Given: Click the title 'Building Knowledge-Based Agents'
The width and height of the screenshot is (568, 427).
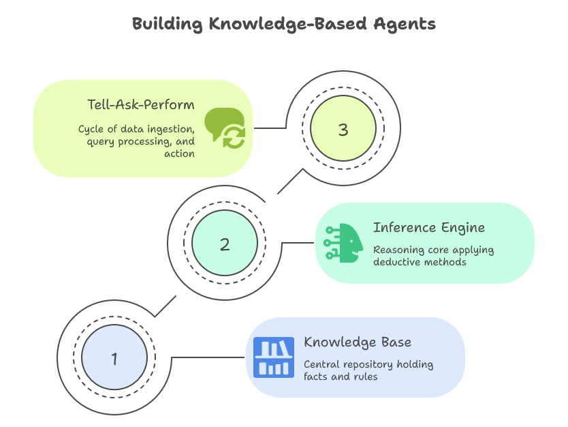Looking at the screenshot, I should point(283,24).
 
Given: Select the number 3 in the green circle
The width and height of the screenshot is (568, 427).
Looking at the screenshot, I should point(343,130).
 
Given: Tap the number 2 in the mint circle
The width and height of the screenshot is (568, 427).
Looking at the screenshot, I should point(225,244).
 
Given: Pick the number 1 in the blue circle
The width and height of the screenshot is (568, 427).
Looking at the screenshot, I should point(114,358).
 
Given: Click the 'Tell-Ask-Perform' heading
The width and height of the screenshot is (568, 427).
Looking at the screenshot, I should point(141,105).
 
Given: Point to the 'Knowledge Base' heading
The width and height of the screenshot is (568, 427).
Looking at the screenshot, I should point(358,342).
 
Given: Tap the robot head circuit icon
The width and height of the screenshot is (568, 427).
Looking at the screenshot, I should point(344,242).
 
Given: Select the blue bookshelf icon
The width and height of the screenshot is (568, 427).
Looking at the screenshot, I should point(274,357).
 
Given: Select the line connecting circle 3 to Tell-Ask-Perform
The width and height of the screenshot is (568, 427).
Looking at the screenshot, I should point(269,128).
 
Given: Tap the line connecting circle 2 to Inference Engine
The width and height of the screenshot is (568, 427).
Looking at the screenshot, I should point(297,242).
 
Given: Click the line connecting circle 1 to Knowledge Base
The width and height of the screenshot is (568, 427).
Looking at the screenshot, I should point(208,357).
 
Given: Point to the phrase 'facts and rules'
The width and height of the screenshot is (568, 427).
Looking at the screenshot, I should point(341,376).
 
